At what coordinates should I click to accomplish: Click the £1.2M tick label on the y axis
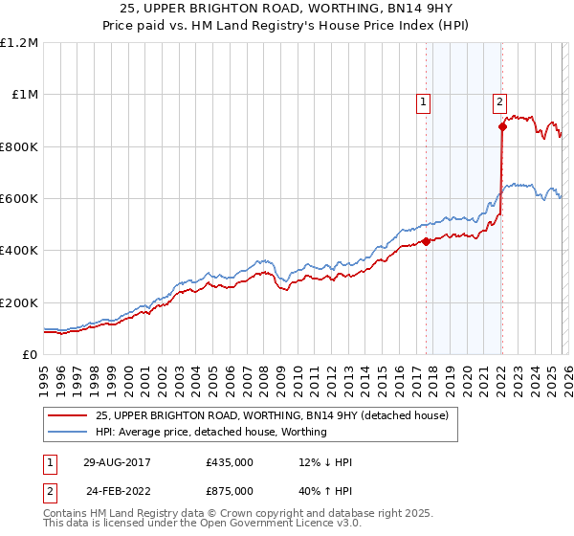(x=19, y=43)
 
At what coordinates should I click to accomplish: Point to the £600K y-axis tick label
(x=19, y=199)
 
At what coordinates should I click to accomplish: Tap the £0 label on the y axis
(x=30, y=355)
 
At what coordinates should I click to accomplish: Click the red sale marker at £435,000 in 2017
(x=427, y=241)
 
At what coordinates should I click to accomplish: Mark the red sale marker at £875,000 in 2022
(x=502, y=126)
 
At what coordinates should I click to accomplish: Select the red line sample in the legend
(x=67, y=415)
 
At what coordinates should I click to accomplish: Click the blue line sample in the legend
(x=67, y=432)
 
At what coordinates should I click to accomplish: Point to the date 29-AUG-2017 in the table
(x=117, y=462)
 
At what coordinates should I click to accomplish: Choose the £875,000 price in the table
(x=230, y=490)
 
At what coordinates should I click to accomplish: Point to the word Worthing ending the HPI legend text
(x=304, y=432)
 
